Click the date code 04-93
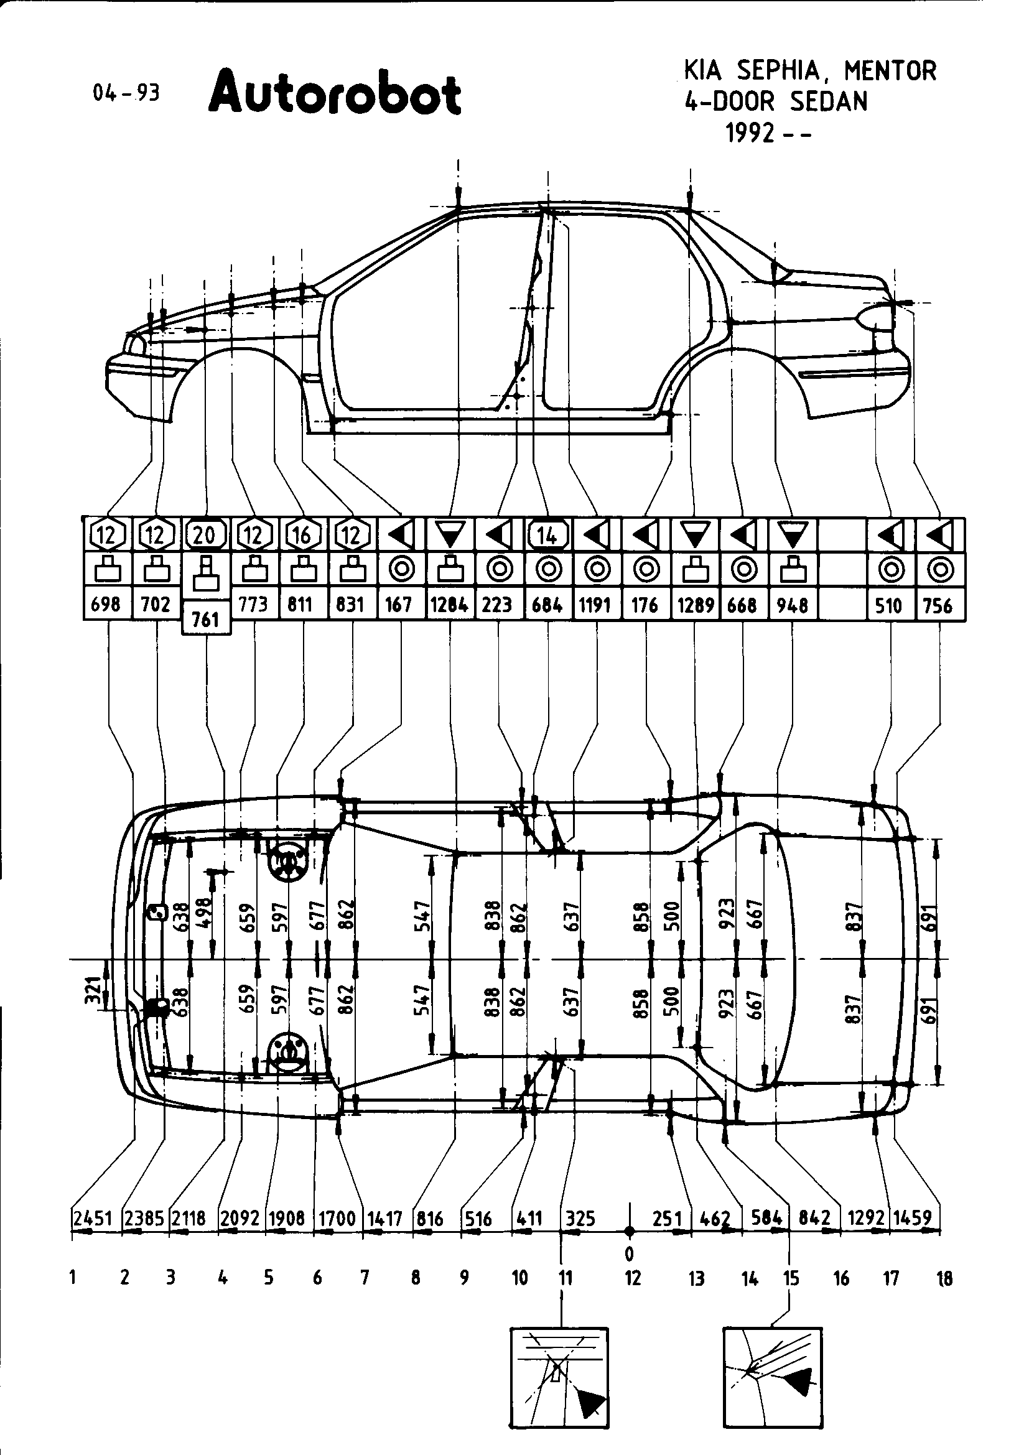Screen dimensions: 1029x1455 click(x=126, y=93)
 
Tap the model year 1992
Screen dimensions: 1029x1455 click(x=752, y=134)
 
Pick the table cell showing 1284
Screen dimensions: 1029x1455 click(x=449, y=605)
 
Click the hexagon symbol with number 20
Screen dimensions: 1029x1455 click(x=205, y=536)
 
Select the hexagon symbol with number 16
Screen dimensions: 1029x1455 click(x=302, y=536)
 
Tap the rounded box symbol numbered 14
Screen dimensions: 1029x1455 click(x=547, y=536)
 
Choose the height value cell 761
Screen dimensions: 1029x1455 click(x=205, y=619)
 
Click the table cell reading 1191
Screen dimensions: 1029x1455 click(x=595, y=605)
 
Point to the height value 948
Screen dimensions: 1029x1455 click(x=791, y=605)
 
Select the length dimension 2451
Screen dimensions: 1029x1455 click(x=93, y=1218)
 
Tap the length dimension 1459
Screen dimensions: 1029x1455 click(x=915, y=1218)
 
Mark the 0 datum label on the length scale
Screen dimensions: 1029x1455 click(x=629, y=1253)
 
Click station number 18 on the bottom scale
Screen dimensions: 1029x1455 click(x=944, y=1278)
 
